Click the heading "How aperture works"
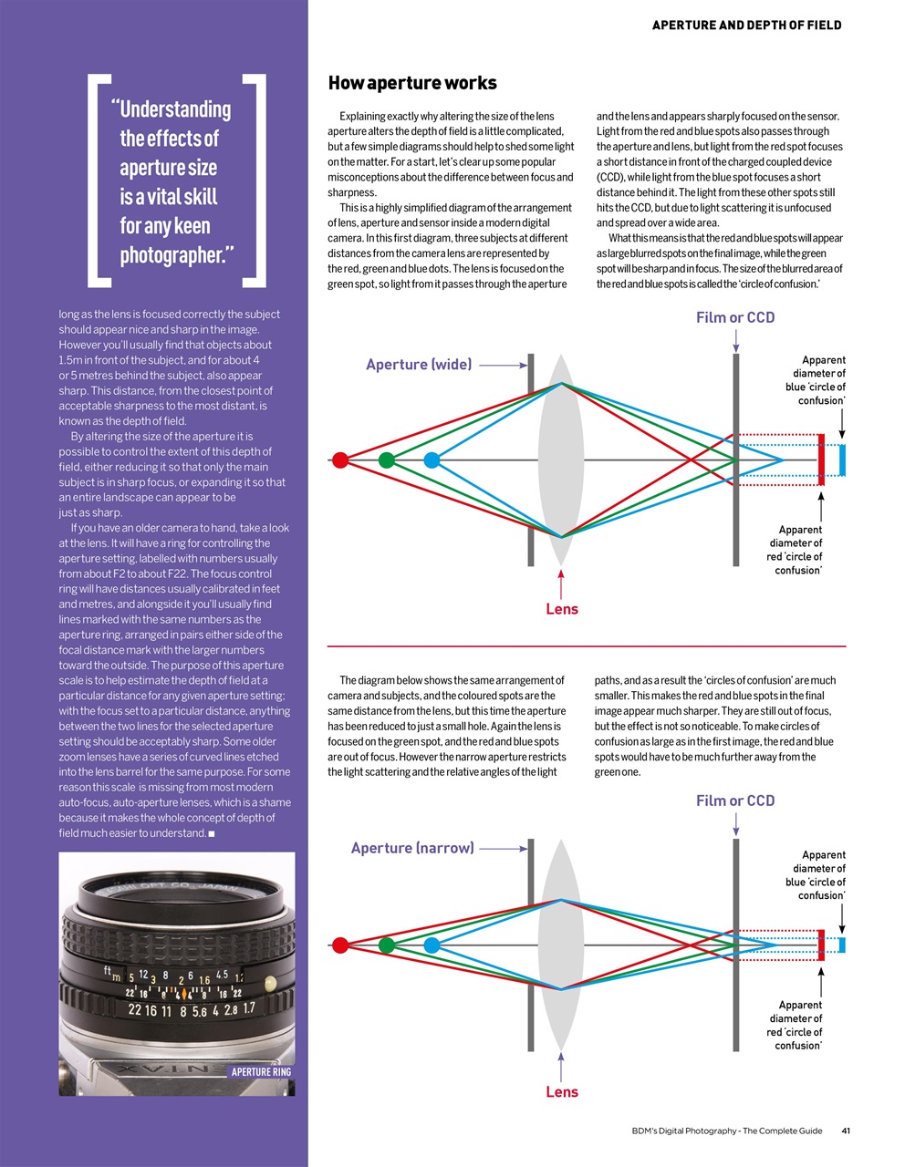coord(412,83)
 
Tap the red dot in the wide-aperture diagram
coord(340,460)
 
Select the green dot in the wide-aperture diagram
coord(386,460)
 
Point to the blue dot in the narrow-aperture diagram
coord(432,945)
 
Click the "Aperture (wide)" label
coord(419,365)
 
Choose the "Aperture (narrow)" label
coord(412,848)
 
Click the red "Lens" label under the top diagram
coord(562,609)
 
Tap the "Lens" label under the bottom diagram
coord(562,1091)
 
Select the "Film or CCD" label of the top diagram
coord(735,317)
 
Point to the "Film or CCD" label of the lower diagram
coord(735,800)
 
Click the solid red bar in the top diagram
coord(821,460)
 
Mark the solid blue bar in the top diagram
coord(842,460)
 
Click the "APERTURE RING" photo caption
coord(261,1072)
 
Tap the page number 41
coord(846,1131)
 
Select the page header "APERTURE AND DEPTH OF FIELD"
coord(746,26)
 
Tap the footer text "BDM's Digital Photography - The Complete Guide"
coord(726,1131)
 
